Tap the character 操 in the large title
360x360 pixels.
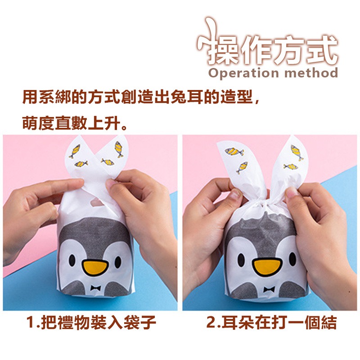tap(217, 51)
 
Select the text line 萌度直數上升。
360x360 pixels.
tap(75, 123)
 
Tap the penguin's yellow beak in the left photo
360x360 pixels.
tap(95, 268)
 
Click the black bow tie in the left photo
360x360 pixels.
tap(95, 288)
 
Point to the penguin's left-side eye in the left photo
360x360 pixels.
tap(72, 261)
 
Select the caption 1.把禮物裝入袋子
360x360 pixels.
tap(91, 323)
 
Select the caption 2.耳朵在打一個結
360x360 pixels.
tap(271, 323)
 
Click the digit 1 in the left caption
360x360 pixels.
tap(31, 323)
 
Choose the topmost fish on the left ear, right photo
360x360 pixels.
tap(234, 152)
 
